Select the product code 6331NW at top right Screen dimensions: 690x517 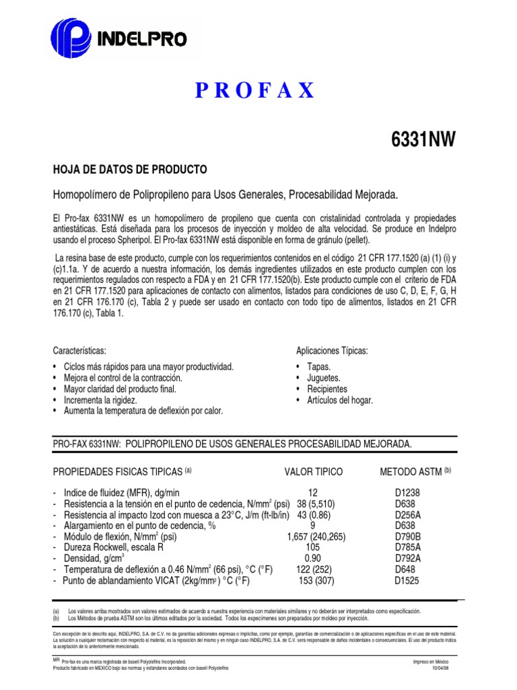tap(423, 139)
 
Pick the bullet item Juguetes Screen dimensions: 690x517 tap(324, 378)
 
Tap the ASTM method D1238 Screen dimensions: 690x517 tap(407, 493)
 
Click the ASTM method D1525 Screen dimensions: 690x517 tap(407, 580)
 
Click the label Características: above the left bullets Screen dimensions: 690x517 tap(79, 351)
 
